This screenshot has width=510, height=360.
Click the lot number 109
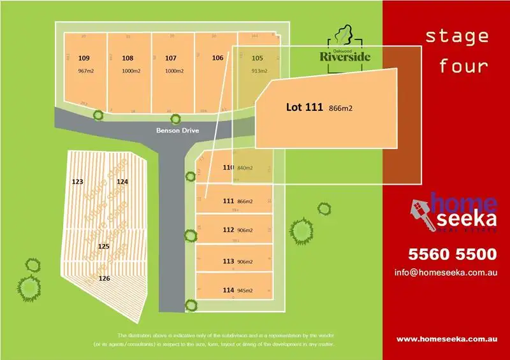(84, 57)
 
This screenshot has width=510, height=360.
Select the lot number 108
(127, 57)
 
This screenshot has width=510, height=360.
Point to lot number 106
(217, 57)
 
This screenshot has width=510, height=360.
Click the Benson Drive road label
(178, 131)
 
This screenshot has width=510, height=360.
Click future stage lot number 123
(78, 182)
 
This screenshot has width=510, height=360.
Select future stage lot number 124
(122, 182)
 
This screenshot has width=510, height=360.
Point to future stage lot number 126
(105, 278)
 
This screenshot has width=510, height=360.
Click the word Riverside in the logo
(345, 55)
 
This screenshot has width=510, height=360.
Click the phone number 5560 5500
(451, 254)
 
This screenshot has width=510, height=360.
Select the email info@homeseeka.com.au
(445, 272)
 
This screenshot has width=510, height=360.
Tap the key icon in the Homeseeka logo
(419, 210)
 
